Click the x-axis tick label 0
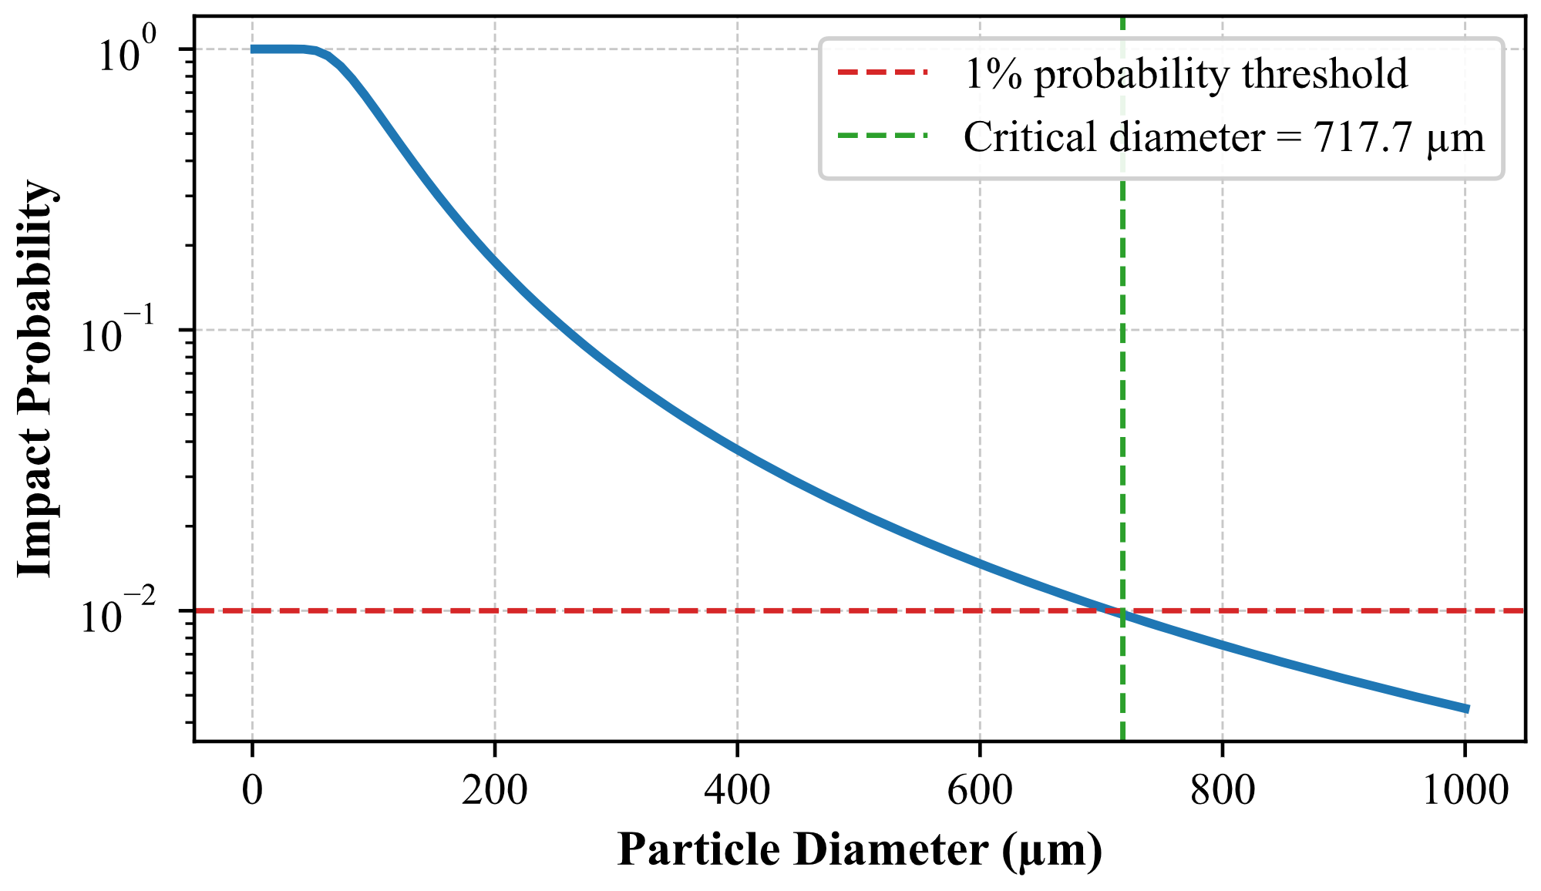(x=252, y=791)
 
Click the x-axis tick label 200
(x=494, y=791)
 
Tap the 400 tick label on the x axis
(x=737, y=791)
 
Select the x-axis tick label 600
(x=979, y=791)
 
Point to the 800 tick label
(x=1222, y=791)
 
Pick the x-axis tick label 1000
(x=1464, y=791)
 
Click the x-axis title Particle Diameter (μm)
(x=860, y=851)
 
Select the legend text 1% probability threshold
(x=1186, y=75)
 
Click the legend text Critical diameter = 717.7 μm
(x=1223, y=138)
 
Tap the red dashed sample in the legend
(x=883, y=72)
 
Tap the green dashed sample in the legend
(x=883, y=136)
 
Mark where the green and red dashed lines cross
(x=1122, y=611)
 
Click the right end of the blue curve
(x=1468, y=709)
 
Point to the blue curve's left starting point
(x=253, y=49)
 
